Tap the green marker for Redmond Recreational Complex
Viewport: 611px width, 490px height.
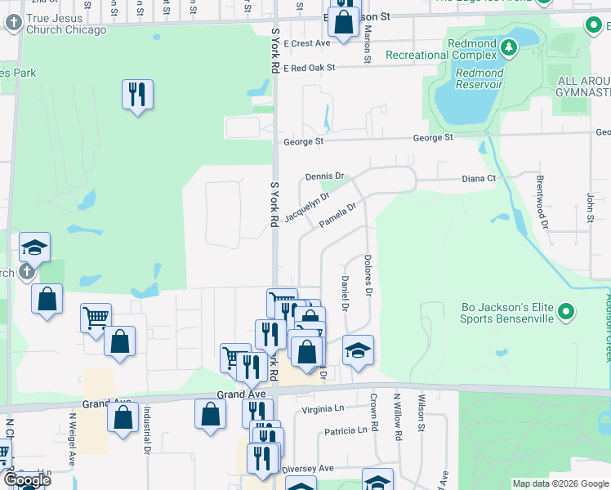509,47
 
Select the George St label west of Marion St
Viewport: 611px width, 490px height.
304,141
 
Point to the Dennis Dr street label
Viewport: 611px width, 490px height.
326,176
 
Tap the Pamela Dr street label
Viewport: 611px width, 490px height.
338,216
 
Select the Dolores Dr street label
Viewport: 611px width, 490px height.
368,277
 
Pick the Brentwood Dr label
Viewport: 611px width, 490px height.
541,196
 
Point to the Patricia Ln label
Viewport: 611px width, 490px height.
346,430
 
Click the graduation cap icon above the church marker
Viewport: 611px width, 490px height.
35,247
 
